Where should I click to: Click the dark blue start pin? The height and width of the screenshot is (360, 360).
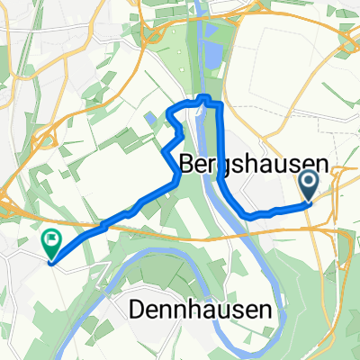coord(310,186)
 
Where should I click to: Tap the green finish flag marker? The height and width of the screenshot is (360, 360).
coord(50,241)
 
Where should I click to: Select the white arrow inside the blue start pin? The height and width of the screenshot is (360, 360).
coord(310,185)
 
